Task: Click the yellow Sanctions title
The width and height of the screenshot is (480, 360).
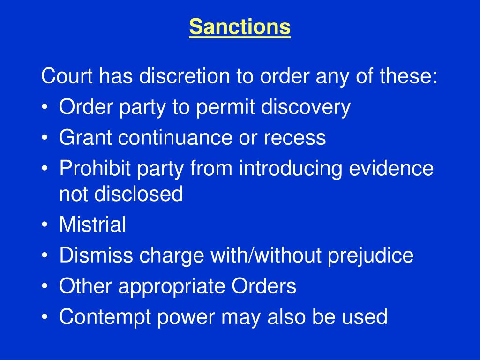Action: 240,27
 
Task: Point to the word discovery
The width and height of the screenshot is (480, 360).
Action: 306,108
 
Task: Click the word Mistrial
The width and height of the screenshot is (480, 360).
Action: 92,225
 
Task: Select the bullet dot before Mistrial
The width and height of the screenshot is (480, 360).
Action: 45,225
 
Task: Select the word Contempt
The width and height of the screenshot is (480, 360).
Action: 105,317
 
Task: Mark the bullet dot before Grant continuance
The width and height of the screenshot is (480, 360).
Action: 45,138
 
